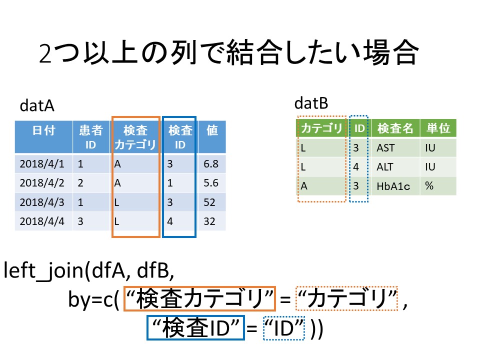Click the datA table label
point(37,106)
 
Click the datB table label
point(311,103)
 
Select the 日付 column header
point(44,130)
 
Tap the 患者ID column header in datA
point(90,137)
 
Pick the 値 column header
point(212,130)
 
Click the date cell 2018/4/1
point(42,164)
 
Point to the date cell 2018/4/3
point(42,202)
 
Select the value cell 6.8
point(211,164)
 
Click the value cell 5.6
point(211,183)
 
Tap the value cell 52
point(209,202)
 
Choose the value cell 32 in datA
point(209,221)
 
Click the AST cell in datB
point(385,148)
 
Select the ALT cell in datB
point(385,167)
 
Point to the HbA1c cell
point(393,186)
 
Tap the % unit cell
point(429,186)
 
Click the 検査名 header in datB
point(395,128)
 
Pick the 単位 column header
point(438,128)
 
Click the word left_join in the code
point(43,271)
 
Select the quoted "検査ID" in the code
point(195,328)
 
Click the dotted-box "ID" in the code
point(284,328)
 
